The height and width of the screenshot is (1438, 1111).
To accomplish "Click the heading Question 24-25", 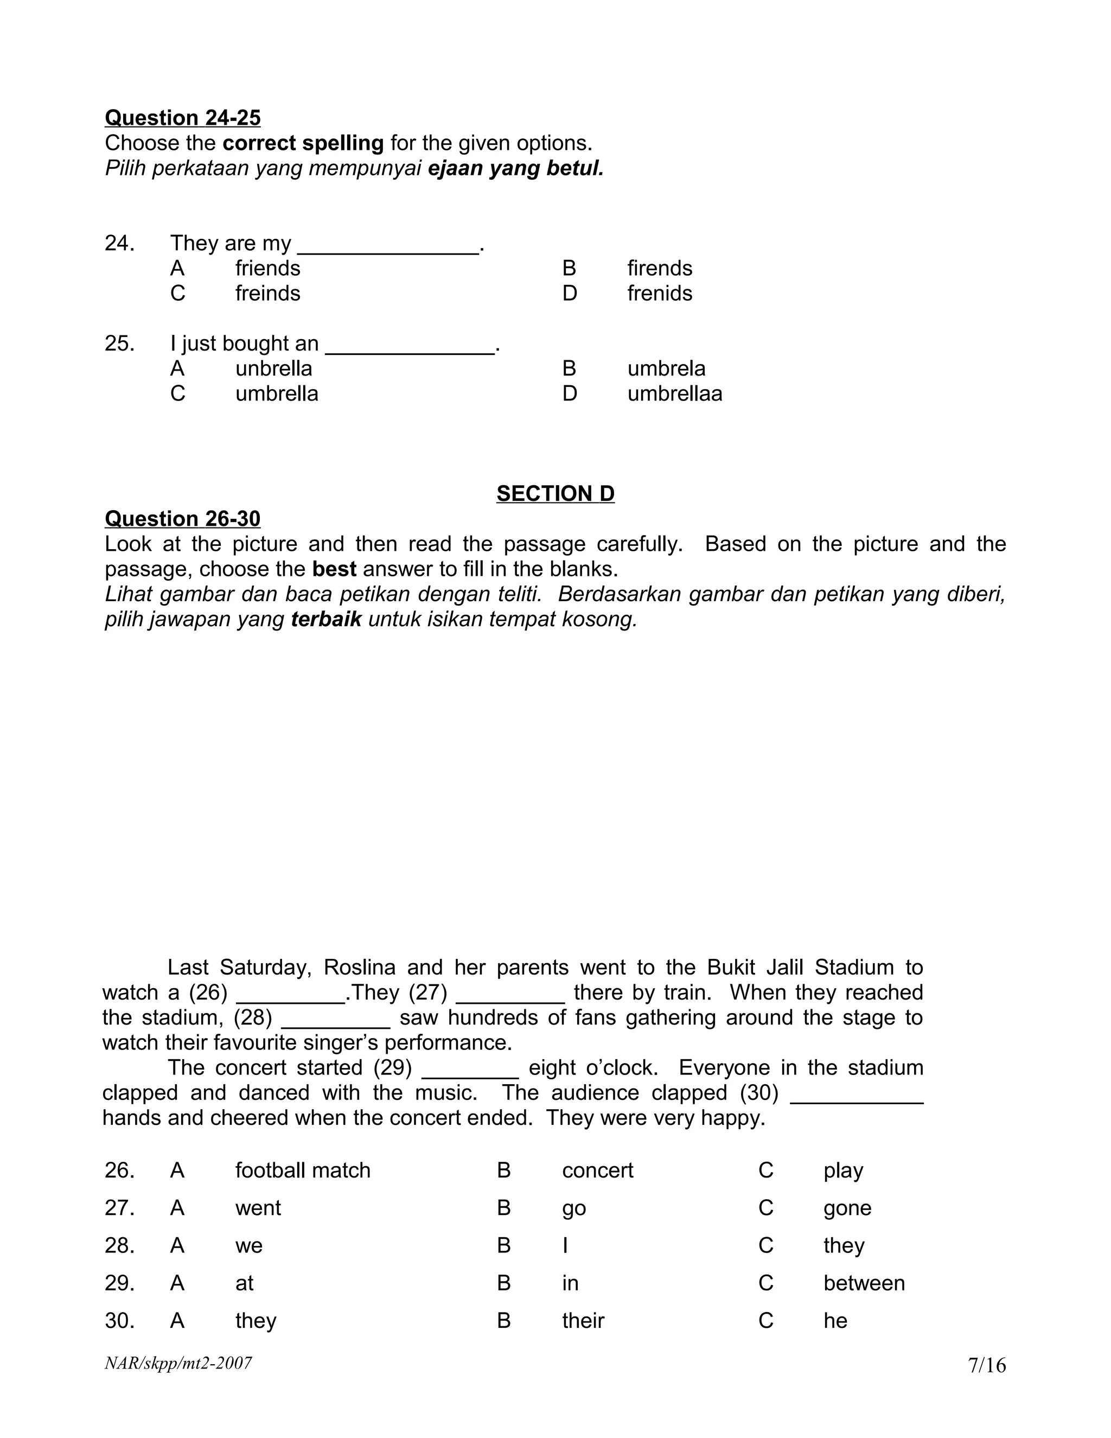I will coord(182,118).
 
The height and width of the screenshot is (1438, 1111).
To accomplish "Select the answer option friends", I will coord(267,269).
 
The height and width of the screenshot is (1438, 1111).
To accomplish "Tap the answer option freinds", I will coord(267,294).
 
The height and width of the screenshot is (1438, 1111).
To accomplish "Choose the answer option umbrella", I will coord(277,394).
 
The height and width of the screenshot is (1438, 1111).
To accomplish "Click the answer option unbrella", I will coord(273,368).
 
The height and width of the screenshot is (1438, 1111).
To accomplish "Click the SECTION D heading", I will coord(555,494).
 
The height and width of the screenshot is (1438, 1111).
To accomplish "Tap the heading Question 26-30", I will coord(182,519).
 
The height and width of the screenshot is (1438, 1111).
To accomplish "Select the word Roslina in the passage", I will coord(359,968).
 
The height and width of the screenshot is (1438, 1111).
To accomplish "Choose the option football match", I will coord(303,1170).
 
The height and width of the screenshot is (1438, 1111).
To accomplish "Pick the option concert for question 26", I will coord(597,1170).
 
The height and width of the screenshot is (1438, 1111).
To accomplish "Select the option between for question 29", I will coord(864,1283).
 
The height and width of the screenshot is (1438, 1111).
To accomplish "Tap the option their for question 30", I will coord(583,1321).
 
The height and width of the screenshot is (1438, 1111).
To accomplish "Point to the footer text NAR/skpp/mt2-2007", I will coord(178,1363).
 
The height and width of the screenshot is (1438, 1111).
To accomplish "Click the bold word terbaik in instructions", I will coord(326,620).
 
